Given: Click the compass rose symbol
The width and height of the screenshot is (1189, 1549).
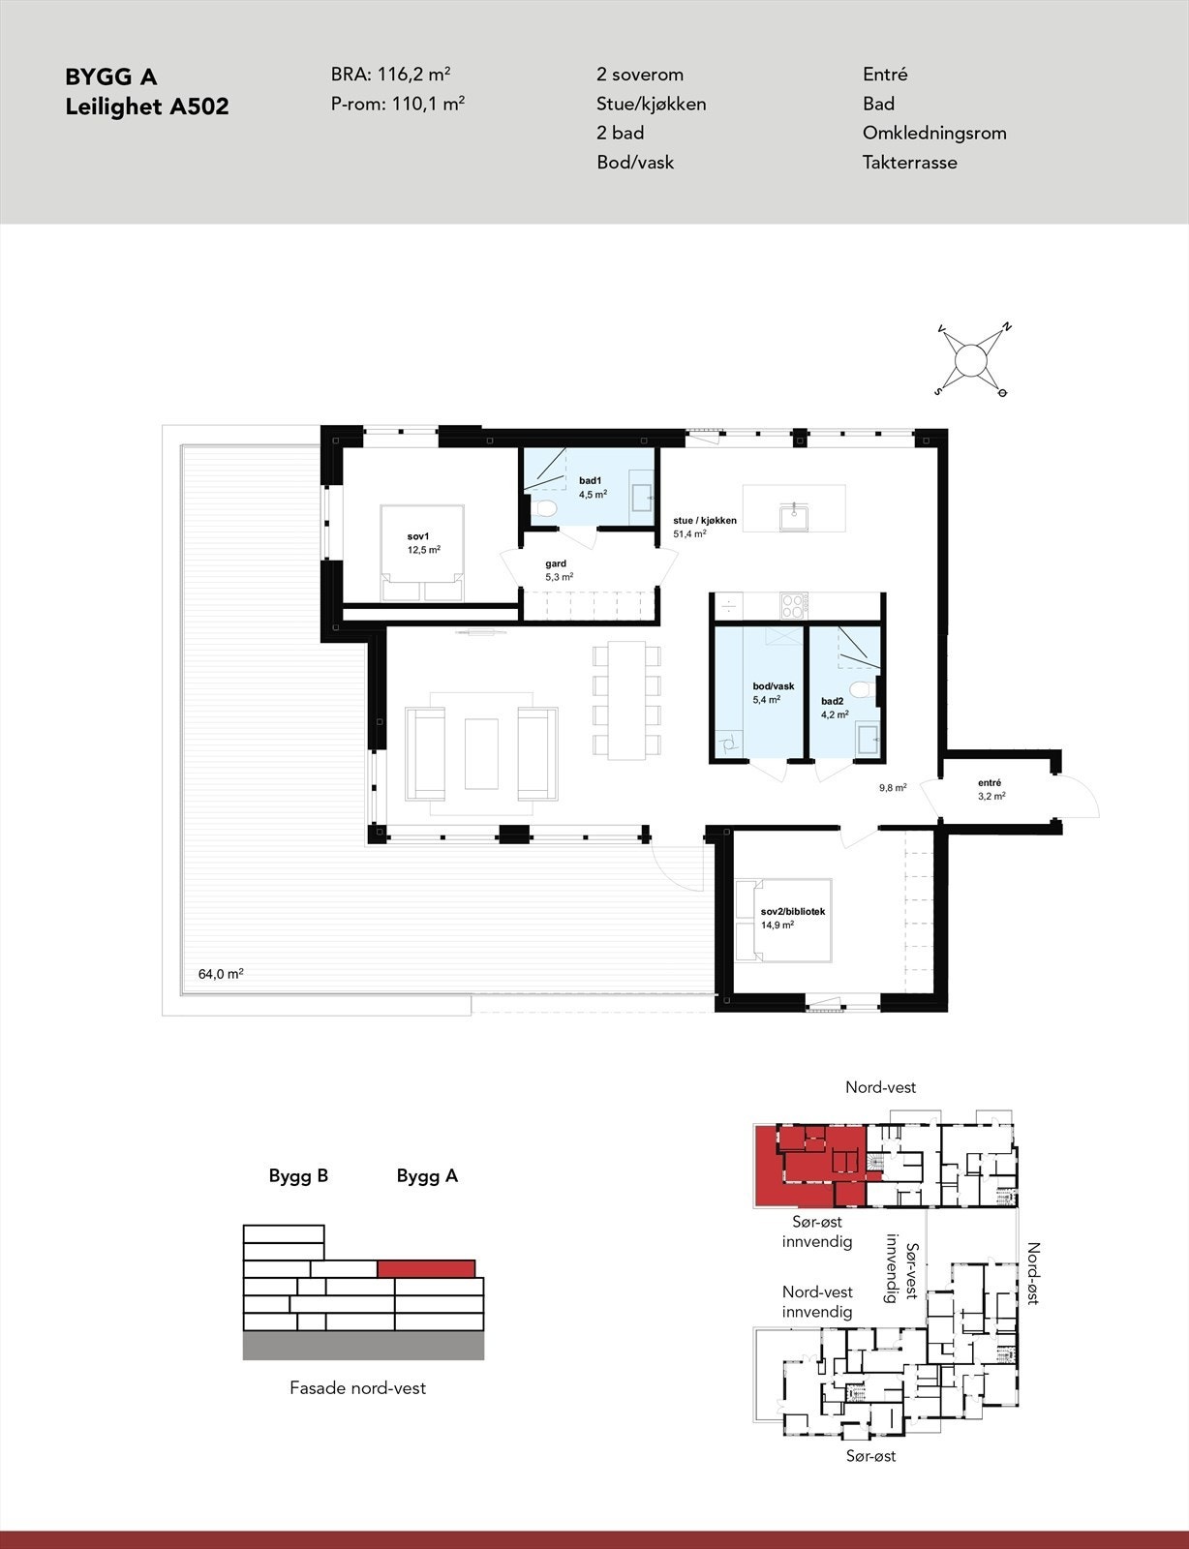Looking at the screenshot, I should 971,361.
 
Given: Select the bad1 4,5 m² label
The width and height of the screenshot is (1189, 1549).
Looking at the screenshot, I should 592,487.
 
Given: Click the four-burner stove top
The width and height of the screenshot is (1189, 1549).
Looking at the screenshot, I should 793,606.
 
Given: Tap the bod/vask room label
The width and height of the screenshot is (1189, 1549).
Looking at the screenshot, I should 773,692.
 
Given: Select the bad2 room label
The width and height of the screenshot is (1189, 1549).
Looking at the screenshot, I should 834,708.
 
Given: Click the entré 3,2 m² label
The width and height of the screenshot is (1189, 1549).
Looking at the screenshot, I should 991,789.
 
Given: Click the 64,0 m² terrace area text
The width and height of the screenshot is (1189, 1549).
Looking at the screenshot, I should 221,974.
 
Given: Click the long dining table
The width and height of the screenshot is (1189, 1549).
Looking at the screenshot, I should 627,699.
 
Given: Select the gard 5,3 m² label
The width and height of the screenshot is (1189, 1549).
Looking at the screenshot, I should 557,569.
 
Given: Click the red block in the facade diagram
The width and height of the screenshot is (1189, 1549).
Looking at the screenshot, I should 426,1268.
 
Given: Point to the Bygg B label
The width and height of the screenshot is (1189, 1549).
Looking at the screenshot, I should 298,1176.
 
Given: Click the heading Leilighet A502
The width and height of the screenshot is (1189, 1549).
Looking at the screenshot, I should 147,106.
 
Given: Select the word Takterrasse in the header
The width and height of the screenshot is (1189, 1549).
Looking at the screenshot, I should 909,163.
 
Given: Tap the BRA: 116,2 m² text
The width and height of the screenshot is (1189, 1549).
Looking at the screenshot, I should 390,75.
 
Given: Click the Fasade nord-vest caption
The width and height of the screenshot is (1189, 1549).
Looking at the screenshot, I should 357,1388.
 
